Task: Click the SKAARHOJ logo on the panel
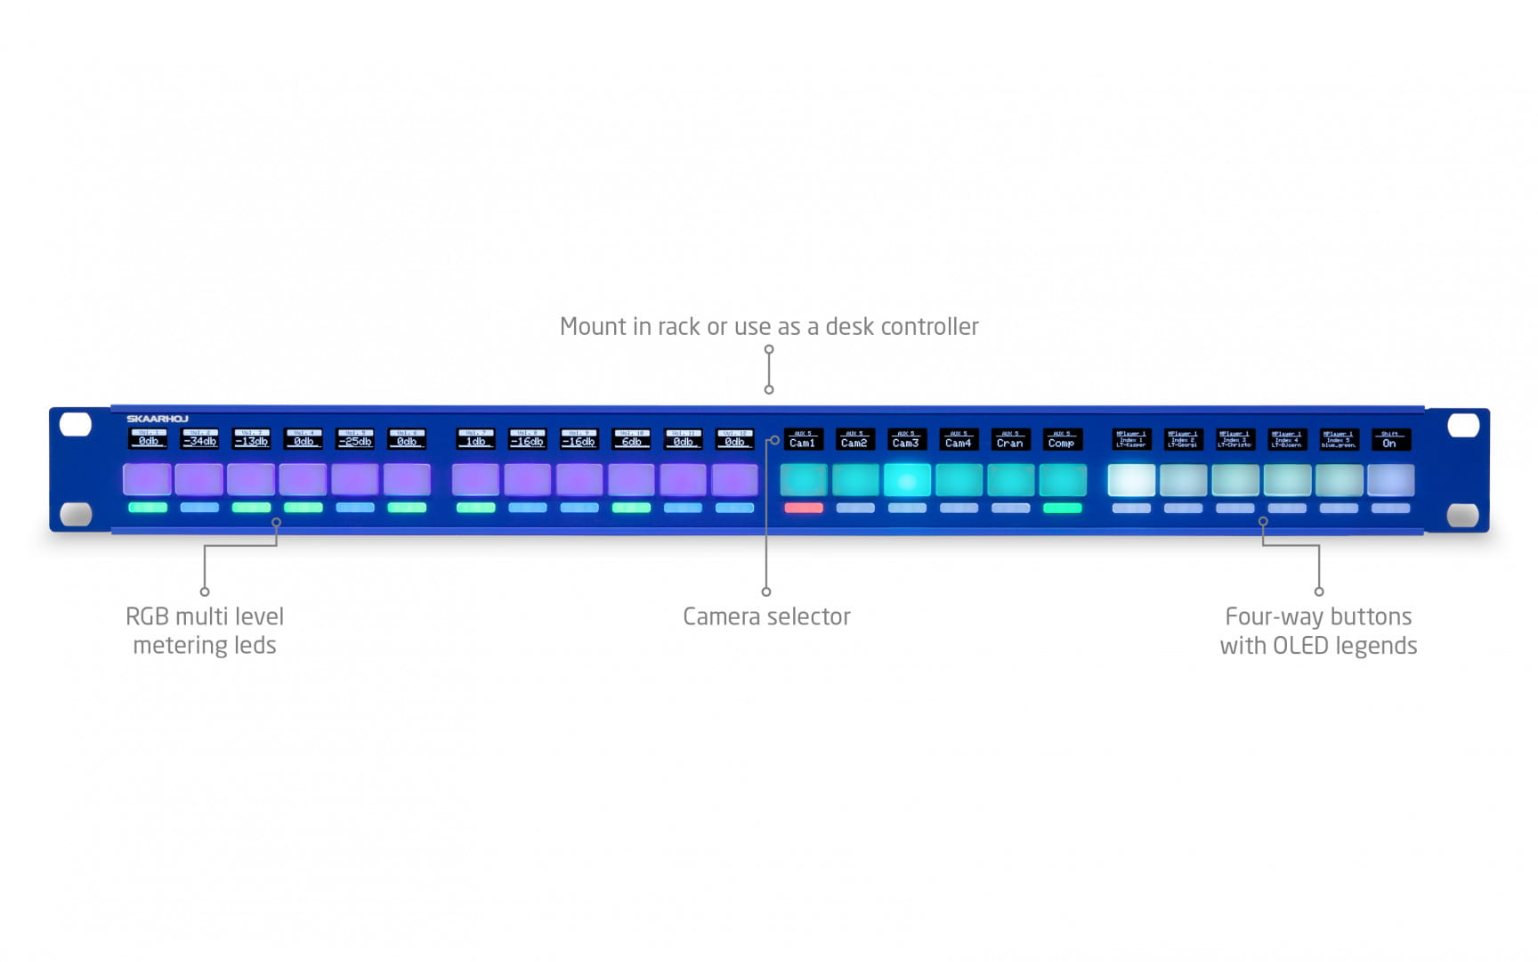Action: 157,419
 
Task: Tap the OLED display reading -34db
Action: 199,439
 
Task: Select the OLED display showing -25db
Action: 355,439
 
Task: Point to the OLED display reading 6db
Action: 631,439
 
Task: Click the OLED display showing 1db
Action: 475,439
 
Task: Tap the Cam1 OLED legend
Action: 803,440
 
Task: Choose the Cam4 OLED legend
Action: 959,440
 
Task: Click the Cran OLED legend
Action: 1010,440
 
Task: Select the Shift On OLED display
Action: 1390,440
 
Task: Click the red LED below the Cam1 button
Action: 803,508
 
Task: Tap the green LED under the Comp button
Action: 1062,508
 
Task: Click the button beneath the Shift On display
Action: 1390,480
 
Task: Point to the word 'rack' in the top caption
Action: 679,327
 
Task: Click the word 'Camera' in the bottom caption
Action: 723,616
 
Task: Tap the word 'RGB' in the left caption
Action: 147,616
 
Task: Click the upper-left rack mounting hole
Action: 76,424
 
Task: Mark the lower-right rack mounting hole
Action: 1463,515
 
